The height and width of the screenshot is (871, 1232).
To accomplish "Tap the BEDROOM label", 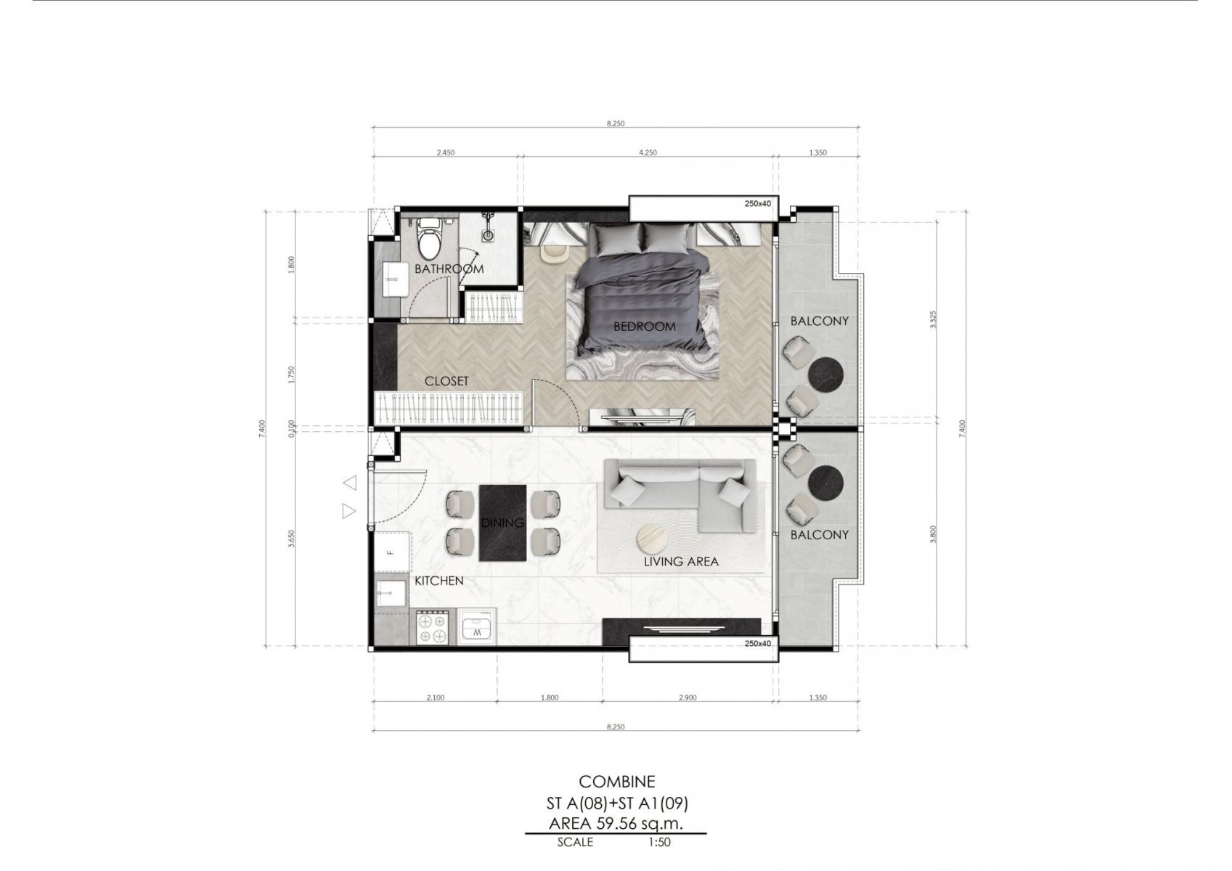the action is [x=644, y=327].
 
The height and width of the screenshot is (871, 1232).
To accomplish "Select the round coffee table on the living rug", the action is [x=653, y=537].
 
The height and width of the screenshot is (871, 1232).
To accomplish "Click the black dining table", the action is [x=502, y=523].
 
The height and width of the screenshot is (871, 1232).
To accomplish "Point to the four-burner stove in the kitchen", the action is [x=432, y=628].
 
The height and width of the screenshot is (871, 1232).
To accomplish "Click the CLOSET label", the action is [x=446, y=381].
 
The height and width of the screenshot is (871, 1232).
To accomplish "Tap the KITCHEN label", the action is [x=438, y=581].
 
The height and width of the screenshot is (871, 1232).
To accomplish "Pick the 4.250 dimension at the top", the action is [x=648, y=153].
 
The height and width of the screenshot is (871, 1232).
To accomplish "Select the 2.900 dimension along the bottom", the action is [x=688, y=698].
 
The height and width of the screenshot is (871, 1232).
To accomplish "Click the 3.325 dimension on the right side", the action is [x=933, y=319].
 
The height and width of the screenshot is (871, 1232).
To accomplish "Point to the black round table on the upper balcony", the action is [x=825, y=375].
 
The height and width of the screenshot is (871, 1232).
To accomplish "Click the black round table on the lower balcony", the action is [x=825, y=483].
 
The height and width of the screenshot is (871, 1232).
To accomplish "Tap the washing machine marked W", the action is [x=477, y=626].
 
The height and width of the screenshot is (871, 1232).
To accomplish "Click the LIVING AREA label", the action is [x=681, y=561].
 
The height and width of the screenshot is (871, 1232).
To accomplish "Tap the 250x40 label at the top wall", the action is [x=758, y=203].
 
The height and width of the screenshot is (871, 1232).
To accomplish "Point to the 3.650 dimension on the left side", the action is [x=292, y=539].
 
